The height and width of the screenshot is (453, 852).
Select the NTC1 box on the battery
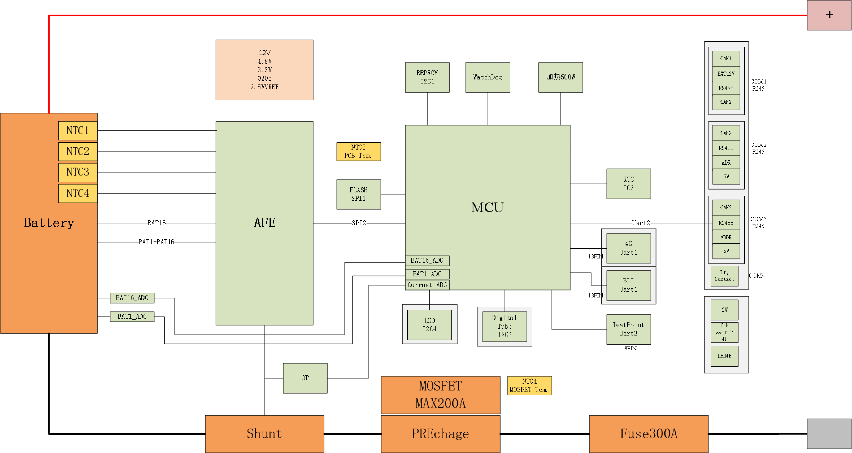click(x=78, y=130)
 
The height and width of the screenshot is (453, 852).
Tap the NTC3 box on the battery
click(x=78, y=172)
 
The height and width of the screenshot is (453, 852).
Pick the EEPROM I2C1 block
click(x=427, y=77)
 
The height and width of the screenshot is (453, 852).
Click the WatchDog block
click(x=488, y=77)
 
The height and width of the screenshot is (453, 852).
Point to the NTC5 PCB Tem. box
click(x=358, y=152)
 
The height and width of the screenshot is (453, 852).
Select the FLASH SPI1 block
click(x=358, y=194)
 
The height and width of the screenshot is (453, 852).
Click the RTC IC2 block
click(x=628, y=184)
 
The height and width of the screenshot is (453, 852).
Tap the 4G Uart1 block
click(x=628, y=248)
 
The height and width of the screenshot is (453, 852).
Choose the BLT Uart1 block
click(x=628, y=285)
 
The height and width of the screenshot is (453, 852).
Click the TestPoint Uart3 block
click(x=628, y=329)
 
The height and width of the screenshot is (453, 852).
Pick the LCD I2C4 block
click(x=429, y=325)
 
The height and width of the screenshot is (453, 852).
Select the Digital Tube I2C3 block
click(x=504, y=326)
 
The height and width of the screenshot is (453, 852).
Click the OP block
click(x=305, y=378)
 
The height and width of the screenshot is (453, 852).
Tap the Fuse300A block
click(x=649, y=434)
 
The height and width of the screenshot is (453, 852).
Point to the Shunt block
click(x=264, y=434)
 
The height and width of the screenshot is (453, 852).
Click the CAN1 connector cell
click(x=726, y=58)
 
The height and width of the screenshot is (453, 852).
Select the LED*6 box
click(x=724, y=356)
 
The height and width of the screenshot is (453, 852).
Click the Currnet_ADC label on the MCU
click(x=427, y=285)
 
